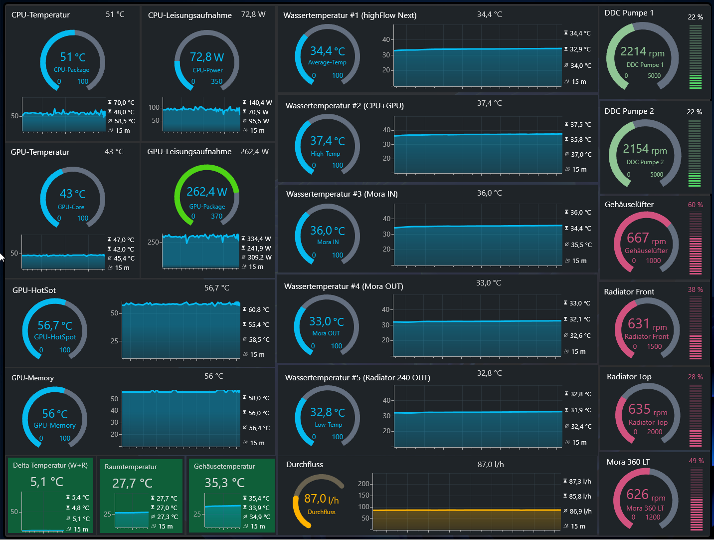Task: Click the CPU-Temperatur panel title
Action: click(40, 15)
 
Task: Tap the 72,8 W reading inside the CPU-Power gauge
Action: click(207, 57)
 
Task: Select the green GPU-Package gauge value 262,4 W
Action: click(207, 192)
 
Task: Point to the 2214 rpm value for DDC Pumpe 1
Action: click(642, 52)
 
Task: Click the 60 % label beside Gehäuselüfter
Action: click(695, 205)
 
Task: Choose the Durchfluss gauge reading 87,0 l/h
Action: click(322, 499)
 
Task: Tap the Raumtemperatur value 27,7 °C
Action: click(132, 483)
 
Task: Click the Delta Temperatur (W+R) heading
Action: click(50, 465)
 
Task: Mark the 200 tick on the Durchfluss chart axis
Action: click(363, 484)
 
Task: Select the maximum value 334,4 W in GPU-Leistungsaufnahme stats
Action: click(259, 239)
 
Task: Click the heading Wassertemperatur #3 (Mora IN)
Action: click(342, 194)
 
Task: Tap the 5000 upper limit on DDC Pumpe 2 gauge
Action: click(657, 175)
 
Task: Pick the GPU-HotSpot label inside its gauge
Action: click(55, 337)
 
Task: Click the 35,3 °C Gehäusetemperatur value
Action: click(224, 483)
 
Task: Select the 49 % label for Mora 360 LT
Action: click(696, 461)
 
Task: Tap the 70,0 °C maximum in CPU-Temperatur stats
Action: click(124, 103)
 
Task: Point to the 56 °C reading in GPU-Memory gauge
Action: click(55, 414)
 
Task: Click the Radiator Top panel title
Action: click(629, 377)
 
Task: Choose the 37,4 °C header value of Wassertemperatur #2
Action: click(489, 103)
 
